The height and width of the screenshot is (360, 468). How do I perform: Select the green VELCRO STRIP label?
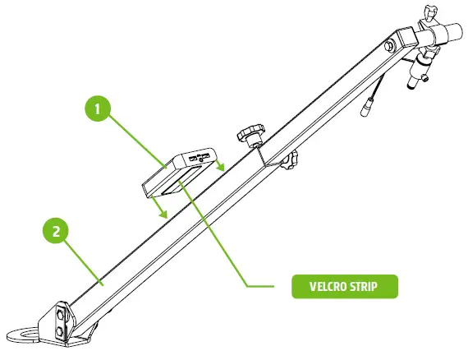(345, 287)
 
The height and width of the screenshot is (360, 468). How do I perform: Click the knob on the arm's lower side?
(291, 161)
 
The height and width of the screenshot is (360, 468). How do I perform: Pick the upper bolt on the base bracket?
(60, 315)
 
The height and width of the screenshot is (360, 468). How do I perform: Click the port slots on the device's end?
(200, 154)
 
